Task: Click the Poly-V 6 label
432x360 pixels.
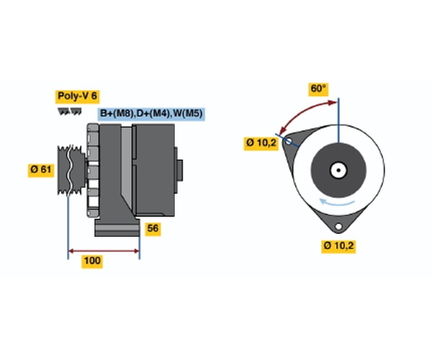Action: click(78, 96)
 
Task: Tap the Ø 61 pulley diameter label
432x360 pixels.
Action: click(41, 169)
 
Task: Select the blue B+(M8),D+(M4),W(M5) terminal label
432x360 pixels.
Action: click(151, 114)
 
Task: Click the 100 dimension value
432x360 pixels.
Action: click(92, 261)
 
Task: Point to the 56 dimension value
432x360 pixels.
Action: click(153, 228)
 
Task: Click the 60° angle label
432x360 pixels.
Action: click(318, 89)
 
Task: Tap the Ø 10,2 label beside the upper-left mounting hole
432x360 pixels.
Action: click(261, 143)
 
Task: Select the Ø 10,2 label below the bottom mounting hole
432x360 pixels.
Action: click(338, 246)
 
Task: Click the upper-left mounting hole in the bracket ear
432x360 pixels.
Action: click(289, 142)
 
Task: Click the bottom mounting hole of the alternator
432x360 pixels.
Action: click(338, 226)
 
